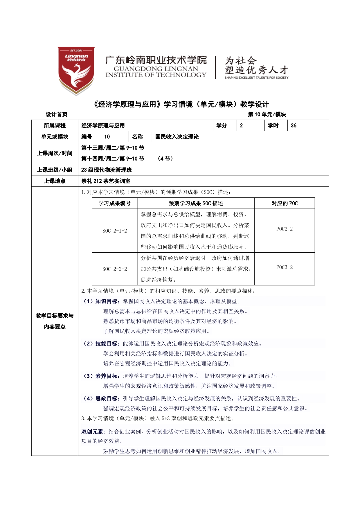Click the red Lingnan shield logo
(76, 71)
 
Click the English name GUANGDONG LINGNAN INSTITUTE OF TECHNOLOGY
(156, 72)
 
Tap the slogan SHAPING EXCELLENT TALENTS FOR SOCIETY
(256, 78)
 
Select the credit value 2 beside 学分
(241, 125)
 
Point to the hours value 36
(294, 125)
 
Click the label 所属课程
(55, 125)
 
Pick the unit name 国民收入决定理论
(177, 137)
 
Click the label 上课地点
(55, 181)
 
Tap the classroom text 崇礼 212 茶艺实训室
(106, 181)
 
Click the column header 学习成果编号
(114, 203)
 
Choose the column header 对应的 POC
(285, 203)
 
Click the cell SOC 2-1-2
(114, 231)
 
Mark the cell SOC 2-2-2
(114, 269)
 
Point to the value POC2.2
(285, 229)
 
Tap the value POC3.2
(285, 267)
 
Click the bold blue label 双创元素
(92, 432)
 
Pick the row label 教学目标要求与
(55, 316)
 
